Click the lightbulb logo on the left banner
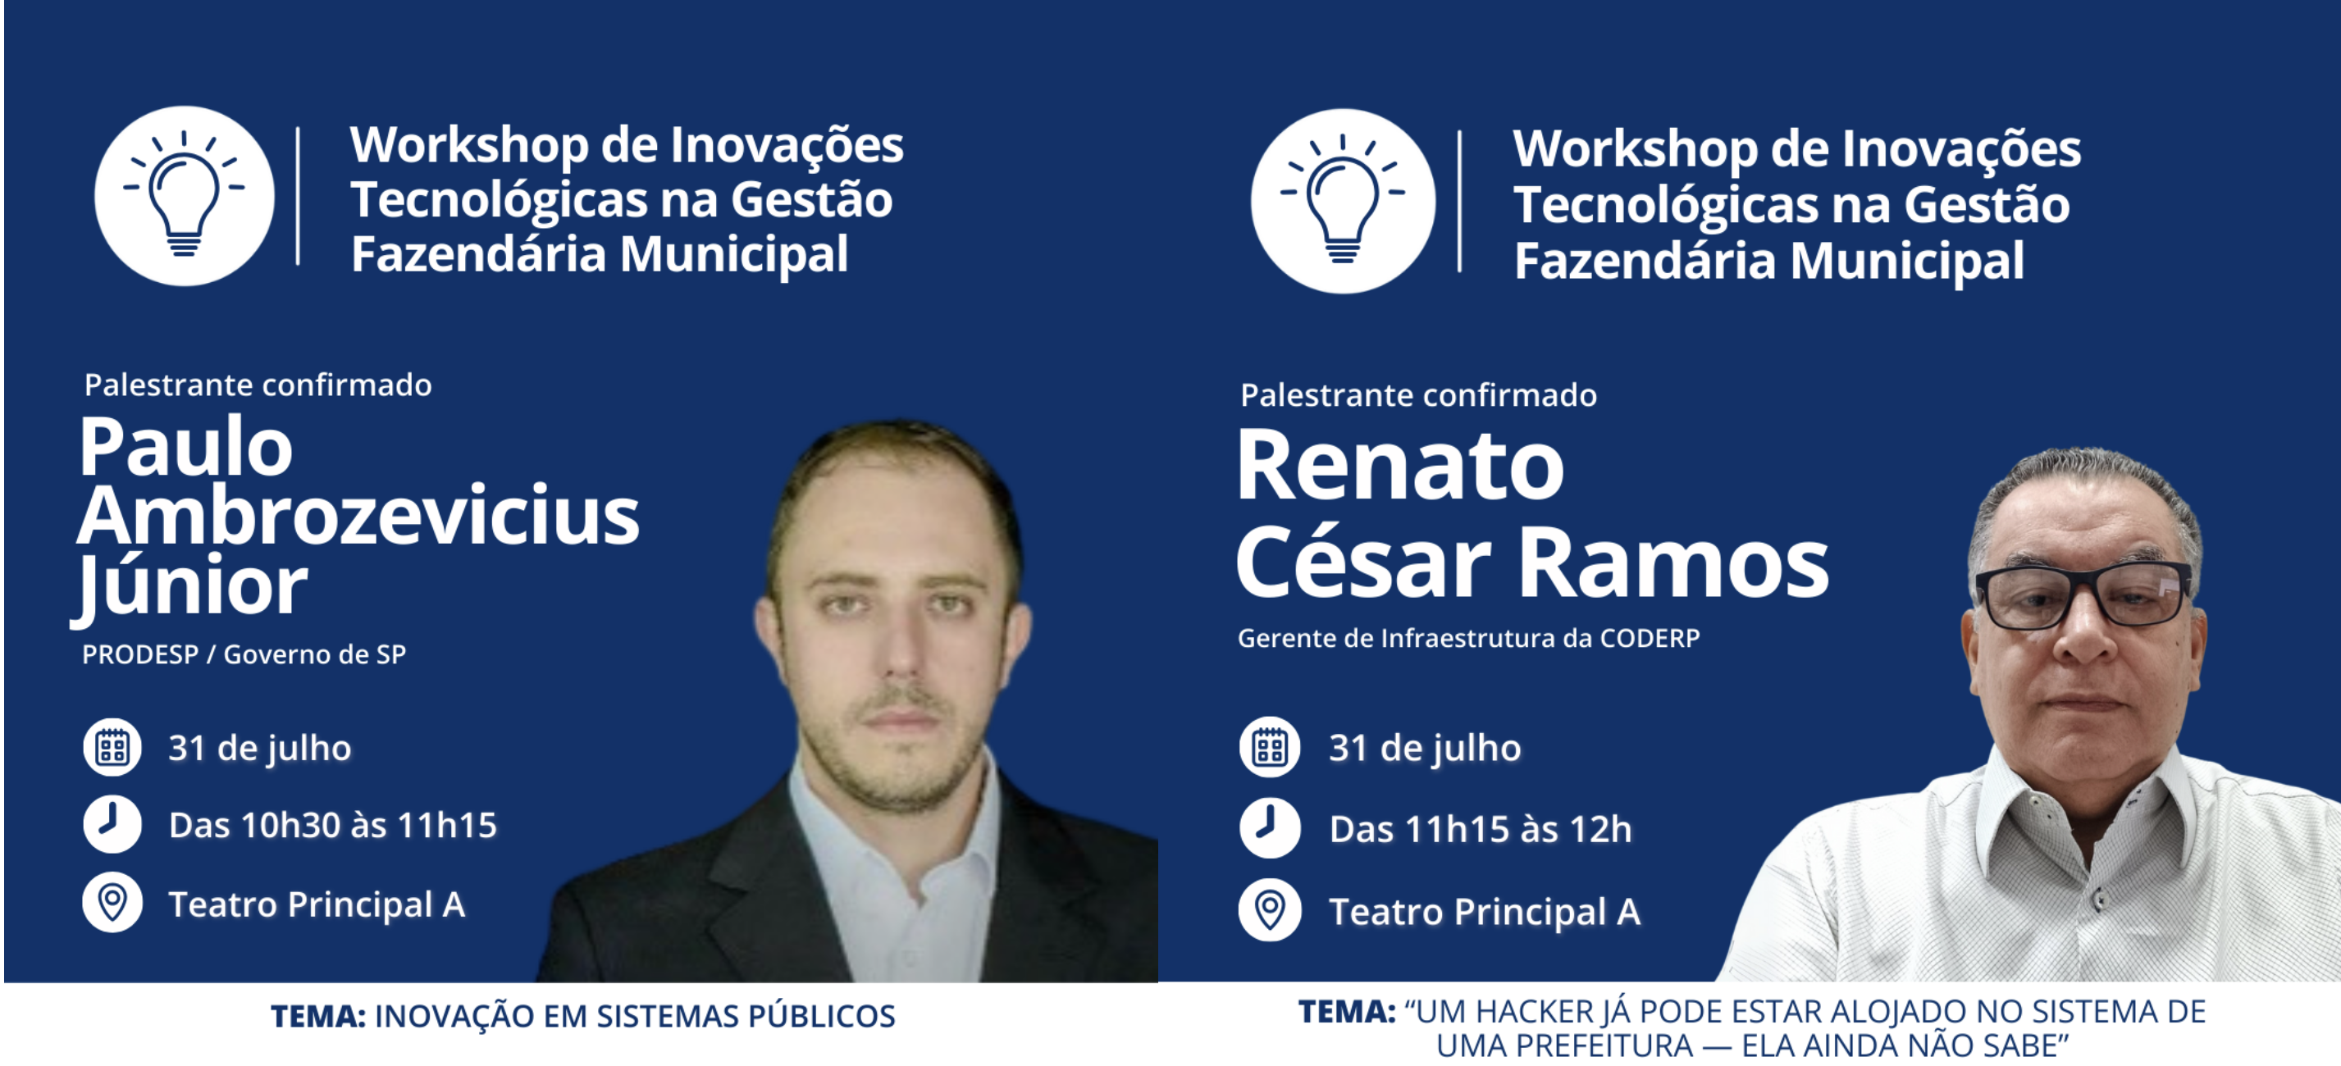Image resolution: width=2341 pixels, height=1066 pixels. pos(185,196)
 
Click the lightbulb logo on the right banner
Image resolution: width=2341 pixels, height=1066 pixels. pos(1344,201)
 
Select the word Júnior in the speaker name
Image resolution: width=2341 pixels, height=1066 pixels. pos(191,586)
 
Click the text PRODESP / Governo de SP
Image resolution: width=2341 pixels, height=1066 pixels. pos(244,654)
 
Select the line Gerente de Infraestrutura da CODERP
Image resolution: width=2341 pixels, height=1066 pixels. pos(1468,638)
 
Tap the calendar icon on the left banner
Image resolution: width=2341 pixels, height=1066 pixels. pos(112,748)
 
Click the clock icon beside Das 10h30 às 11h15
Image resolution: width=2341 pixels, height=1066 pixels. pos(112,824)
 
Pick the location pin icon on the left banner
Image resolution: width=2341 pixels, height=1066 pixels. pos(112,903)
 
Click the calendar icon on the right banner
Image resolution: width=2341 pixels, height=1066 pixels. pos(1270,748)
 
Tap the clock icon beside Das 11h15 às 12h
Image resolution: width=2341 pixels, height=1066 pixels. pos(1270,828)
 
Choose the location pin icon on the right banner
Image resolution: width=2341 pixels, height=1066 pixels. pos(1270,909)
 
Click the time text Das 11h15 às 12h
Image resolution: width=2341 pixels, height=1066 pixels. pos(1481,829)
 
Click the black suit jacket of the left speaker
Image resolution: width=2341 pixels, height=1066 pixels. pos(718,909)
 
